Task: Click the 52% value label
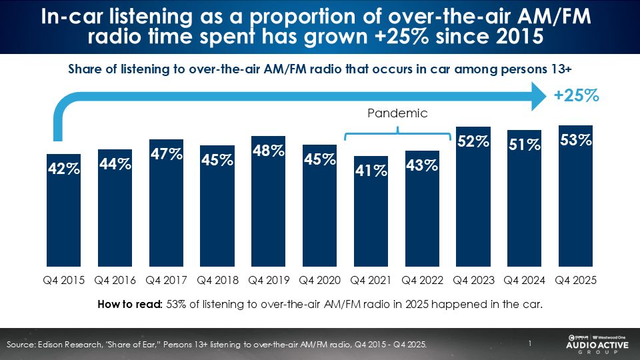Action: [473, 141]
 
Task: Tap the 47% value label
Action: [167, 154]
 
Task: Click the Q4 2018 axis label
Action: [218, 281]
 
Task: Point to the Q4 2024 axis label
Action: [524, 281]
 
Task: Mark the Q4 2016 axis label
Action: [115, 281]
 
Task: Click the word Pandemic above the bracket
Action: [397, 113]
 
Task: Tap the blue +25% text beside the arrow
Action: [577, 96]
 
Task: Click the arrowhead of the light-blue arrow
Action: [536, 97]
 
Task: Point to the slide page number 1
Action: [529, 343]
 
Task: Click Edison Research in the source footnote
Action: [62, 344]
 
